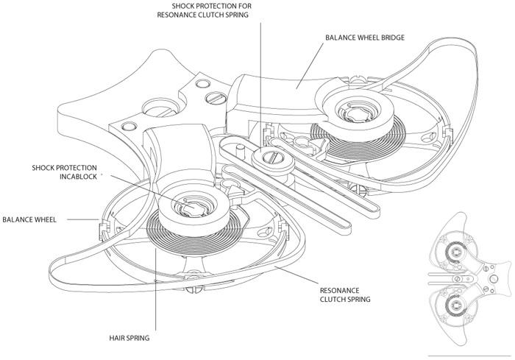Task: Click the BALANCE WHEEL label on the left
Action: coord(32,219)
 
